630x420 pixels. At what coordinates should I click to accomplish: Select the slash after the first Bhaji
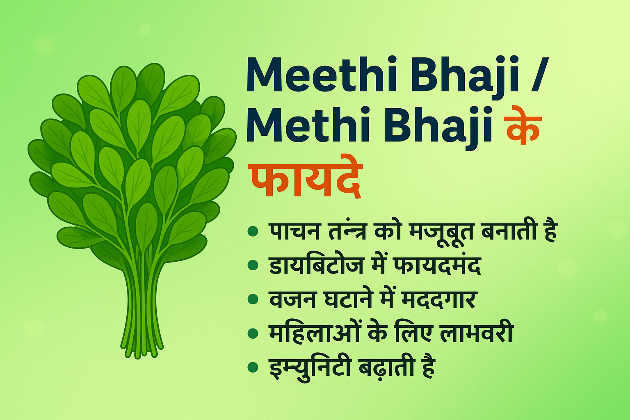534,77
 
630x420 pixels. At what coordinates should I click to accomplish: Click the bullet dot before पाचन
253,232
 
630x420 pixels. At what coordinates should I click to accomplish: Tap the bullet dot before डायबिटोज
253,266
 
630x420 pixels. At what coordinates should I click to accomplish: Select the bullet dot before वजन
253,299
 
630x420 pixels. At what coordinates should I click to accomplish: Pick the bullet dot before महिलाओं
253,333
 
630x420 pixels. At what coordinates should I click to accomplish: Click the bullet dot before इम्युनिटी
253,367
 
